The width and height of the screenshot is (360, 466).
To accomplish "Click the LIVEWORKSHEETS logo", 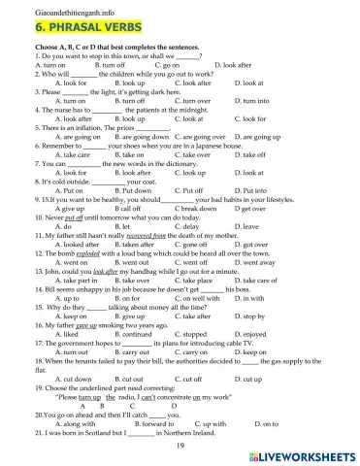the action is point(299,453).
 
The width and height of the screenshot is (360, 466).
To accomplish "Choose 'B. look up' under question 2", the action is point(129,83).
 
